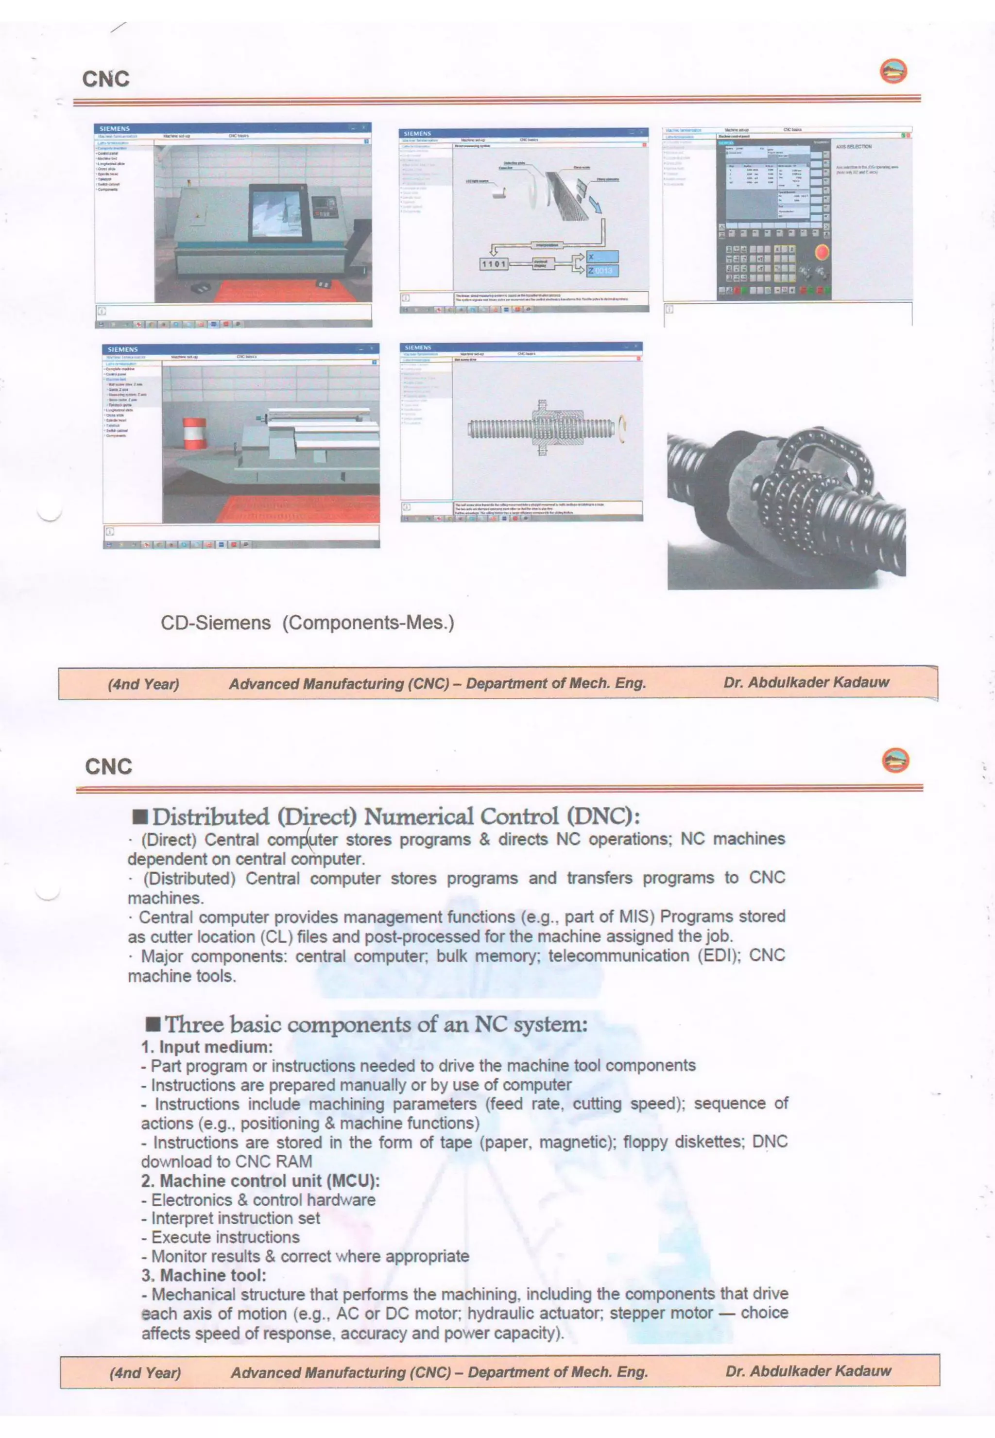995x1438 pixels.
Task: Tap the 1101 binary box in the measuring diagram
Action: point(494,264)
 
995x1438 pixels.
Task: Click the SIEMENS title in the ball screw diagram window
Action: point(418,347)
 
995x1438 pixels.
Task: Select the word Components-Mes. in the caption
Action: point(368,623)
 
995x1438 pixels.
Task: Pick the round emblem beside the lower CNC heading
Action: point(895,760)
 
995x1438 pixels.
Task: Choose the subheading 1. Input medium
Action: point(206,1047)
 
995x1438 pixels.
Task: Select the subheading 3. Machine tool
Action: point(203,1275)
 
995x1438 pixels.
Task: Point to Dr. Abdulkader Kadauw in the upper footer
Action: point(806,682)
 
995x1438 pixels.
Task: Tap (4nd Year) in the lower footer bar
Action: point(145,1372)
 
